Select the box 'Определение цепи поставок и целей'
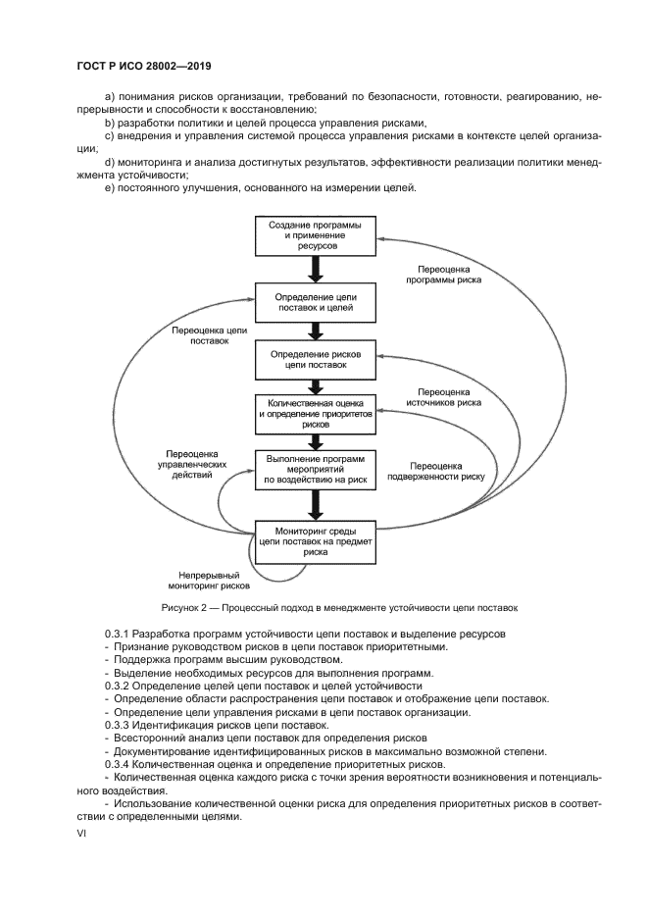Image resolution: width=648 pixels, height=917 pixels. click(315, 301)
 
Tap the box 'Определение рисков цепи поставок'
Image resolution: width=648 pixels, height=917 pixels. click(315, 360)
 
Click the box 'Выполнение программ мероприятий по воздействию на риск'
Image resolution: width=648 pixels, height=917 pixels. click(315, 469)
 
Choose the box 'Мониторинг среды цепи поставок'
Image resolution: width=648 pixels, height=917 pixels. click(315, 539)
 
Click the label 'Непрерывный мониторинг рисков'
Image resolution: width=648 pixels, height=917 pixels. click(214, 581)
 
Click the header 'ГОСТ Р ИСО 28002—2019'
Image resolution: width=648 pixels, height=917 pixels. click(144, 66)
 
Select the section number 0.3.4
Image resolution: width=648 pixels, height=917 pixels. click(118, 763)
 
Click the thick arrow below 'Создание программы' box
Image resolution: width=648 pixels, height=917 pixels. click(315, 269)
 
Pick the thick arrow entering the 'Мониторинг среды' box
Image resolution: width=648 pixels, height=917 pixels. click(315, 504)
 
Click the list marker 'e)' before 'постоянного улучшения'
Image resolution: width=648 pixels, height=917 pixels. click(109, 188)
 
